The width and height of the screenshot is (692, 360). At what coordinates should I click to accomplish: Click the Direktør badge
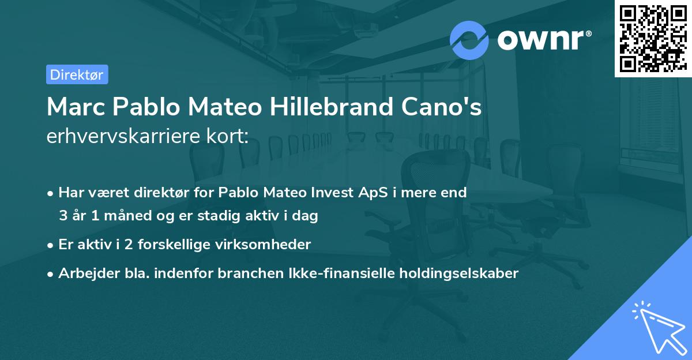[x=77, y=74]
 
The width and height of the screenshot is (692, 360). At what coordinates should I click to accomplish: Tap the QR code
[x=653, y=38]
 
